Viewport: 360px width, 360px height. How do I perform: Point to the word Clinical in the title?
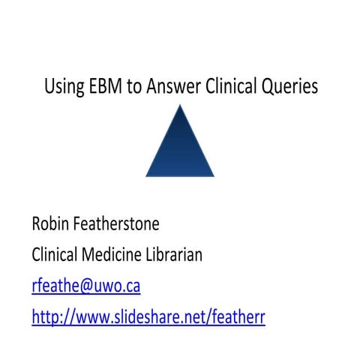pos(229,87)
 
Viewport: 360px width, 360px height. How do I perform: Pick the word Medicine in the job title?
pos(112,255)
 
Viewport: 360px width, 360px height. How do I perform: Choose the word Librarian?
pos(176,255)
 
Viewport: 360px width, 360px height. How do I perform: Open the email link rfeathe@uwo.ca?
pos(86,286)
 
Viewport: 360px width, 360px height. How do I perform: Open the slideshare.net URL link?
pos(148,317)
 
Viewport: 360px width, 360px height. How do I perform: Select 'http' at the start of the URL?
pos(46,317)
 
